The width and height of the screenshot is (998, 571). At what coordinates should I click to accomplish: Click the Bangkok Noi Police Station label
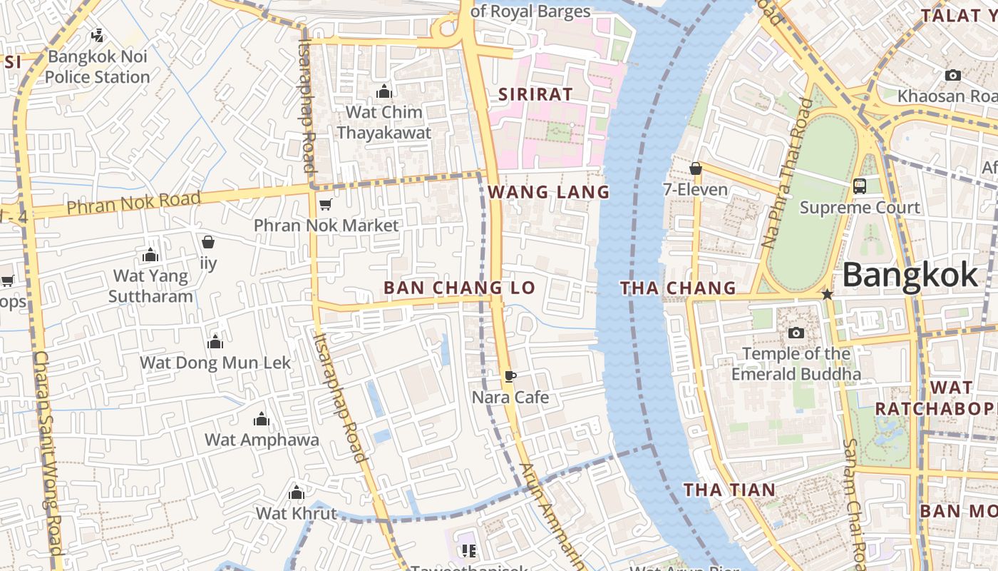(x=98, y=66)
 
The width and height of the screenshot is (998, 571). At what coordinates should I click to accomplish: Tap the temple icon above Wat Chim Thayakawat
(x=384, y=92)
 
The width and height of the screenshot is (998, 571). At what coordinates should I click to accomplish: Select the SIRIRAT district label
(x=535, y=94)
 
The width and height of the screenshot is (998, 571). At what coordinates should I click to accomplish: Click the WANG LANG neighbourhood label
(x=549, y=192)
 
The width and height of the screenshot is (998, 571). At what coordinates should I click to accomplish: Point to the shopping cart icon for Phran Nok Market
(x=325, y=205)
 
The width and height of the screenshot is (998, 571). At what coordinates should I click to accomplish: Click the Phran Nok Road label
(x=133, y=203)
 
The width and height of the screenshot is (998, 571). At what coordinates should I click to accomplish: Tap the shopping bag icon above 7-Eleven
(x=695, y=169)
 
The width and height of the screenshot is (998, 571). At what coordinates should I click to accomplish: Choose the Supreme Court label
(x=860, y=208)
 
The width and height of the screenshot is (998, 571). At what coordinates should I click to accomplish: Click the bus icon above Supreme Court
(x=860, y=186)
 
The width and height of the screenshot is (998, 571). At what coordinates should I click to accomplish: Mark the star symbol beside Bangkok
(x=827, y=294)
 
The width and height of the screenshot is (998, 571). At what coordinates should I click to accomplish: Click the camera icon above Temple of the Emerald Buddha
(x=796, y=333)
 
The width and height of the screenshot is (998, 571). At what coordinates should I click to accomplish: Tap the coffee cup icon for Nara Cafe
(x=510, y=376)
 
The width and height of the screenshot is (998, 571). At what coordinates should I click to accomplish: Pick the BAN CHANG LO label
(x=459, y=288)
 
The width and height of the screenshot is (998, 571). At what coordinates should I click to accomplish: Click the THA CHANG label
(x=677, y=288)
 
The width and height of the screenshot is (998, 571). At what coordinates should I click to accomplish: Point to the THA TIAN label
(x=729, y=490)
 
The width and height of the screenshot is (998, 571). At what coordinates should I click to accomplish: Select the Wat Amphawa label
(x=262, y=440)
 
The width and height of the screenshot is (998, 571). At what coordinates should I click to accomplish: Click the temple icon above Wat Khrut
(x=297, y=493)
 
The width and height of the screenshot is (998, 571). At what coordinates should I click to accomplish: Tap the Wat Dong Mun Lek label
(x=215, y=363)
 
